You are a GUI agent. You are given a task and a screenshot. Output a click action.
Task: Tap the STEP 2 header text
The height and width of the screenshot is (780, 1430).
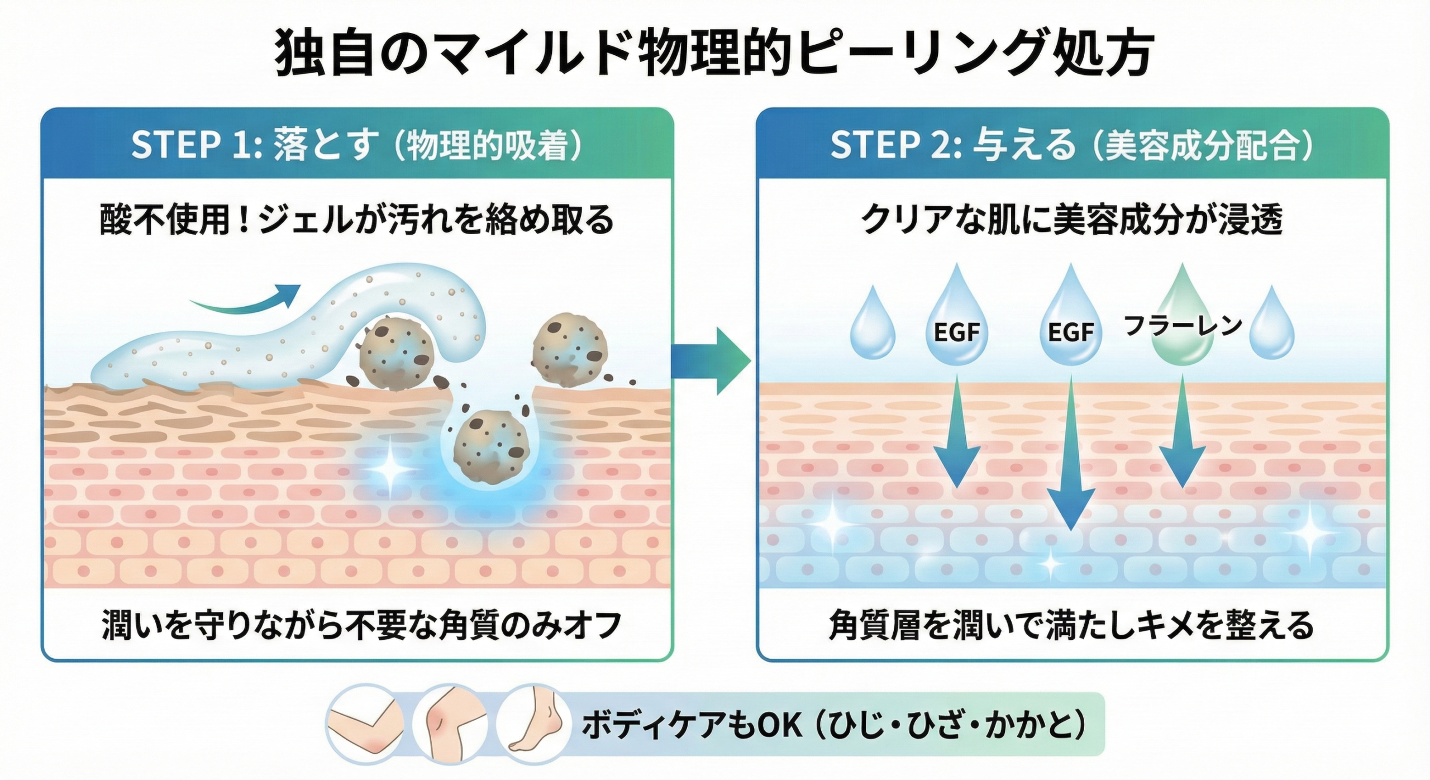1071,145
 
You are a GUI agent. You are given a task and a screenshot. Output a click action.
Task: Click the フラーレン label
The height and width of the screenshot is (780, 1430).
1182,325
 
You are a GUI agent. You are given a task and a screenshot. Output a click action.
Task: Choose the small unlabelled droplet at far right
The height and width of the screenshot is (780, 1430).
1272,325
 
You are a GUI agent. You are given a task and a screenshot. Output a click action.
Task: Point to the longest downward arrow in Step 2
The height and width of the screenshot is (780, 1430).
1070,453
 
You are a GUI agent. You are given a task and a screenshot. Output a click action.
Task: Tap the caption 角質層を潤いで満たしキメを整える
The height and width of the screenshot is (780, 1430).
1071,625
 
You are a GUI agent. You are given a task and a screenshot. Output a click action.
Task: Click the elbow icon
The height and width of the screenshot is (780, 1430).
364,725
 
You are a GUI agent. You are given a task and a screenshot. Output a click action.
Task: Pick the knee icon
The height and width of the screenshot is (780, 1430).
450,725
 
